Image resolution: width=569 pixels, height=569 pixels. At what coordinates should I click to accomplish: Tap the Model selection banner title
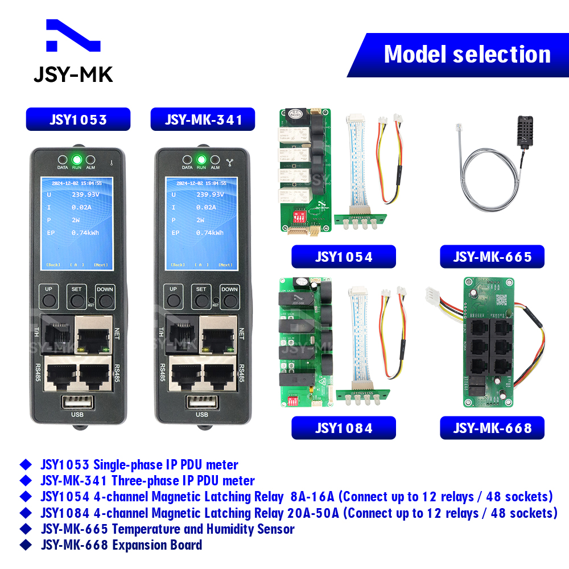click(467, 55)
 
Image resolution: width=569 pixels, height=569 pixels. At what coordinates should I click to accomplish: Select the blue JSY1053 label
click(78, 119)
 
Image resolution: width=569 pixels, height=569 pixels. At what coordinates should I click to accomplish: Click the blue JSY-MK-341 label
click(203, 119)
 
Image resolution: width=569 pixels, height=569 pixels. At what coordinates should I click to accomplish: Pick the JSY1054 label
click(343, 257)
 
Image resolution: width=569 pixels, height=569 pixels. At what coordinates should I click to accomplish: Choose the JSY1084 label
click(343, 428)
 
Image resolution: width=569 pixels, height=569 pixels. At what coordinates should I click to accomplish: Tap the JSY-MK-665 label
click(492, 257)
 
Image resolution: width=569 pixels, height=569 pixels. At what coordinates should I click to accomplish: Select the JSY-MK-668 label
click(492, 428)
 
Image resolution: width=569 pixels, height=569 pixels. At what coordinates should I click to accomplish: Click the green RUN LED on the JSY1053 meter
click(76, 159)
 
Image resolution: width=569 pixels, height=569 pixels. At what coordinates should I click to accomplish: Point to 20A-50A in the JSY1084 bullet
click(312, 513)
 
